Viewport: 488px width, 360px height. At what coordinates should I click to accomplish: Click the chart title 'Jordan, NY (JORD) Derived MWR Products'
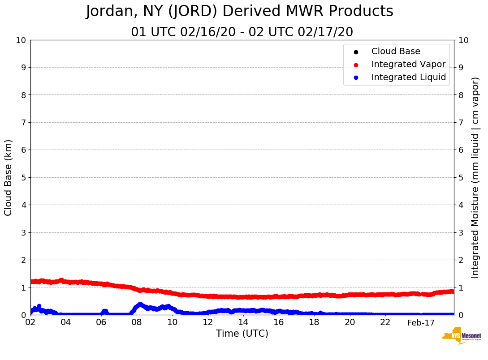(x=240, y=12)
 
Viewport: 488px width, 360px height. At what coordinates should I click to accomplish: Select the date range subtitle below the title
(x=242, y=32)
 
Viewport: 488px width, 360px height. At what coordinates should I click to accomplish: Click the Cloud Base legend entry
(x=396, y=51)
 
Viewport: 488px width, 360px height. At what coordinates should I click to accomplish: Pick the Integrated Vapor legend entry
(x=408, y=64)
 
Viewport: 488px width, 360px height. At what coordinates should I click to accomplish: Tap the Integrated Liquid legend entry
(x=408, y=77)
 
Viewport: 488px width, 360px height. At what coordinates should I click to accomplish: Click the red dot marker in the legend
(x=356, y=65)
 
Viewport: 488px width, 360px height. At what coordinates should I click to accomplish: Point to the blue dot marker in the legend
(x=356, y=78)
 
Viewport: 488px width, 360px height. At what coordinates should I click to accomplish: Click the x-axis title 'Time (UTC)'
(x=242, y=334)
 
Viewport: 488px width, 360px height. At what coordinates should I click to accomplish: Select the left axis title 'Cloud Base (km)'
(x=9, y=177)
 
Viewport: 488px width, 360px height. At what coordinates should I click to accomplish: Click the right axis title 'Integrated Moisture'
(x=475, y=177)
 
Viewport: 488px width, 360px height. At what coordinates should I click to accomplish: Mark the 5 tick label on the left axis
(x=23, y=177)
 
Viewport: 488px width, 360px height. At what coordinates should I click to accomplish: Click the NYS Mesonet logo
(x=462, y=336)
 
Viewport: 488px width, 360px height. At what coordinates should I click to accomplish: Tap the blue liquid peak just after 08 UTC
(x=140, y=305)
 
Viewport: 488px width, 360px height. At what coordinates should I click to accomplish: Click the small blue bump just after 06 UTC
(x=104, y=311)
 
